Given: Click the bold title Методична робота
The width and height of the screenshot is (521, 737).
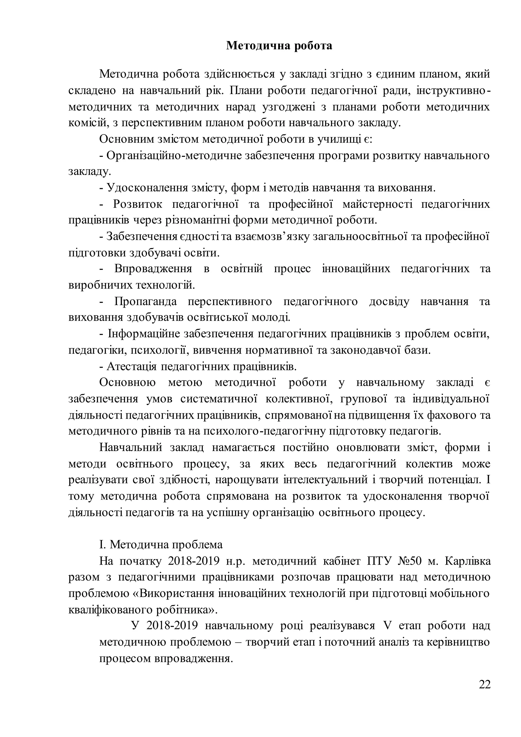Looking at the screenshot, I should [x=279, y=46].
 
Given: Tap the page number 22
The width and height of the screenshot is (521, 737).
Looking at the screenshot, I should [x=485, y=694].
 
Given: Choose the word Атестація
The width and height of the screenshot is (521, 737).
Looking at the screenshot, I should [x=132, y=366].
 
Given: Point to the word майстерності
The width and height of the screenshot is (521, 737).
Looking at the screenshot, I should [x=377, y=204].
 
